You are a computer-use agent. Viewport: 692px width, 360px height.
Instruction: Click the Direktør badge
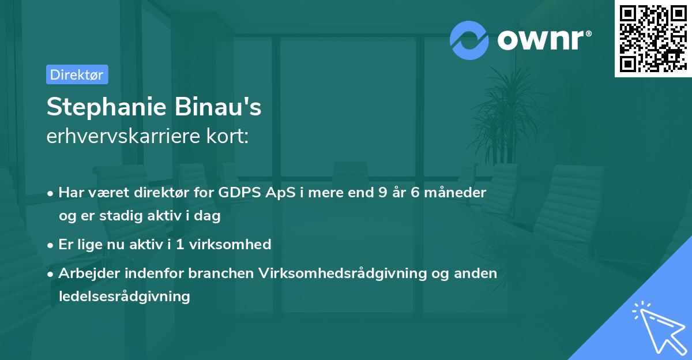tap(77, 74)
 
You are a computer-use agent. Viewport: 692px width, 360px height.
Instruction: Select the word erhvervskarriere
tap(122, 136)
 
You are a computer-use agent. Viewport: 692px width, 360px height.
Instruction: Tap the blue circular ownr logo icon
tap(469, 40)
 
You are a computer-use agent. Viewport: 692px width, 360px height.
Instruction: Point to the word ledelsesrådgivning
tap(124, 297)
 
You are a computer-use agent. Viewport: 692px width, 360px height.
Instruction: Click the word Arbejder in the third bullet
tap(86, 273)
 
